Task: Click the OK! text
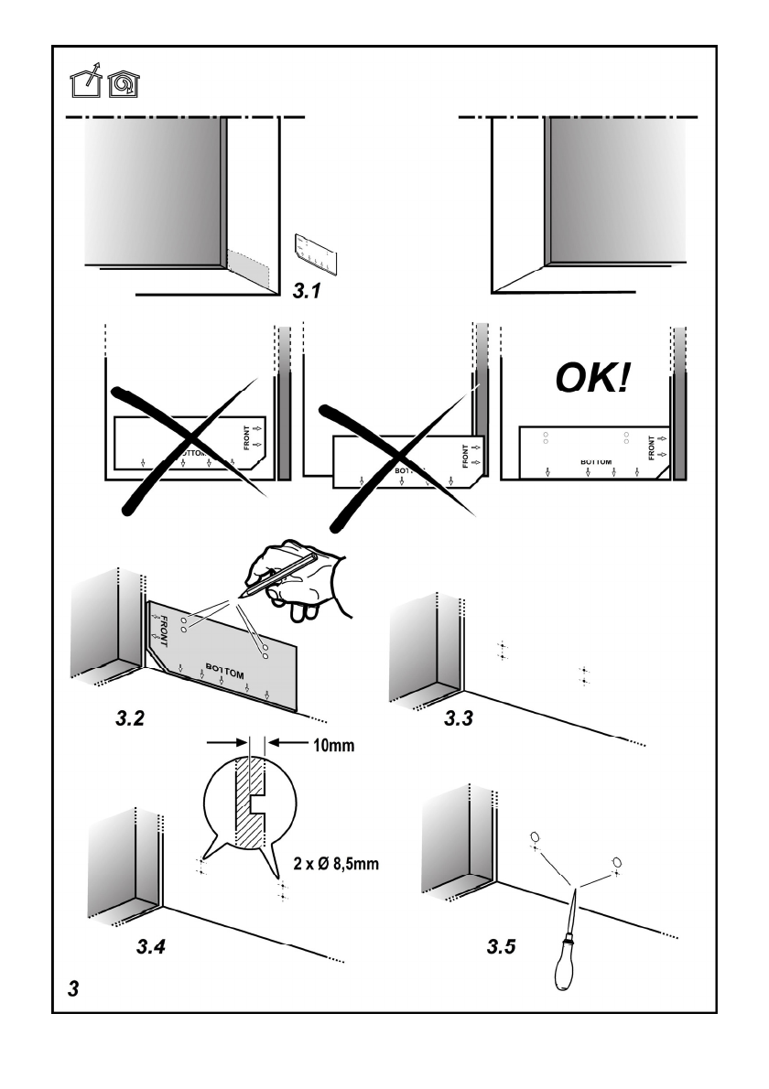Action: click(587, 378)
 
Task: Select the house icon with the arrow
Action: click(86, 85)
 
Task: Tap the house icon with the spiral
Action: click(124, 85)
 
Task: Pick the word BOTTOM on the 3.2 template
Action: click(229, 667)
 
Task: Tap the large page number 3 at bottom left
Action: click(73, 989)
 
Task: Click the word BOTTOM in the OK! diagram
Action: click(596, 463)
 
